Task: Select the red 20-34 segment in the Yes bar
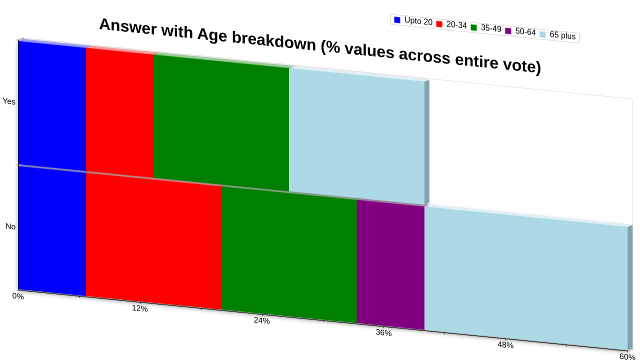(x=119, y=113)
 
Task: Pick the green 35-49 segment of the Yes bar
(x=221, y=123)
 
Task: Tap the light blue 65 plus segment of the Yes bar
(x=357, y=136)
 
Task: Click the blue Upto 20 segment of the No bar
(x=52, y=231)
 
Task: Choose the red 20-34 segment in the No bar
(x=153, y=241)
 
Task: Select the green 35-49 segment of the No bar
(x=289, y=254)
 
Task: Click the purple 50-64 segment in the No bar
(x=390, y=265)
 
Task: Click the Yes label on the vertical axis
(x=9, y=101)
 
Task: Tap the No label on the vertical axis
(x=10, y=226)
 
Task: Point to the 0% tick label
(x=18, y=296)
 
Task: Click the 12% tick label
(x=139, y=308)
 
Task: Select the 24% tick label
(x=261, y=320)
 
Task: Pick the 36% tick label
(x=383, y=332)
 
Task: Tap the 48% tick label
(x=505, y=345)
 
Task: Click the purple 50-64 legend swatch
(x=508, y=31)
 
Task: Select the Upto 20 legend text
(x=418, y=21)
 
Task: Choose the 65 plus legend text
(x=562, y=35)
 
